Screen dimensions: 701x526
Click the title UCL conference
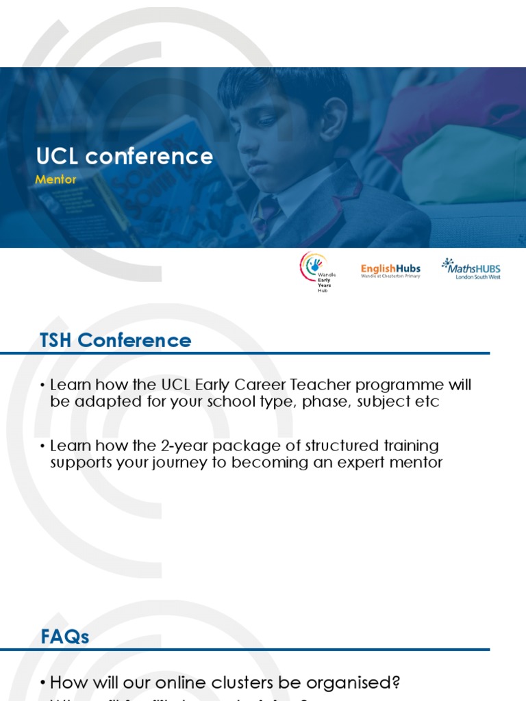pyautogui.click(x=125, y=157)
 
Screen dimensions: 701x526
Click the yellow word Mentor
pyautogui.click(x=55, y=180)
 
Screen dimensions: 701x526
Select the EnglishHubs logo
pyautogui.click(x=390, y=270)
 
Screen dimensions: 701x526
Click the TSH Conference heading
pyautogui.click(x=116, y=340)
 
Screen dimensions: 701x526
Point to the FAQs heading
pyautogui.click(x=64, y=637)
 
